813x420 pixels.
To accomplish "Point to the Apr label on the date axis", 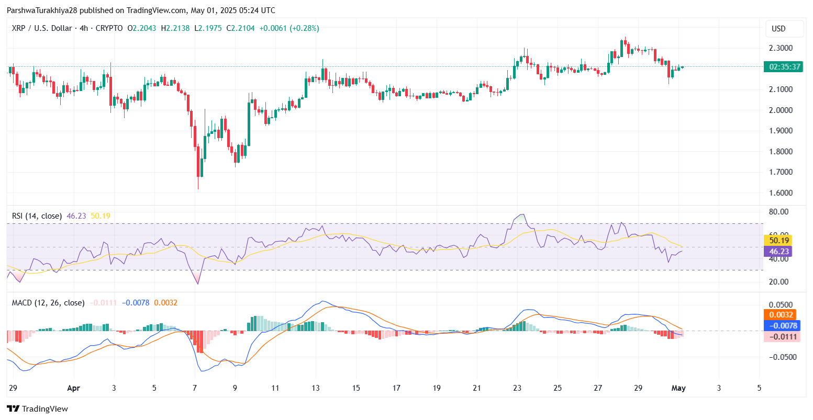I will tap(74, 388).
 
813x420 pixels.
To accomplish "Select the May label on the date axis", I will tap(678, 388).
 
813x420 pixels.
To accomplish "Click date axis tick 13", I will tap(315, 388).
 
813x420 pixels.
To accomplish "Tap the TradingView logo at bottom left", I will tap(37, 409).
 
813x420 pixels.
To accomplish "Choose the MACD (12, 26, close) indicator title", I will tap(48, 303).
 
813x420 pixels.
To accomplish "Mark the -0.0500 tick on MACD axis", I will tap(780, 357).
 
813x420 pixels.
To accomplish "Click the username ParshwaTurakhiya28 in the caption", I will tap(42, 10).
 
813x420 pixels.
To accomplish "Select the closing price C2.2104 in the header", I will tap(240, 28).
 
